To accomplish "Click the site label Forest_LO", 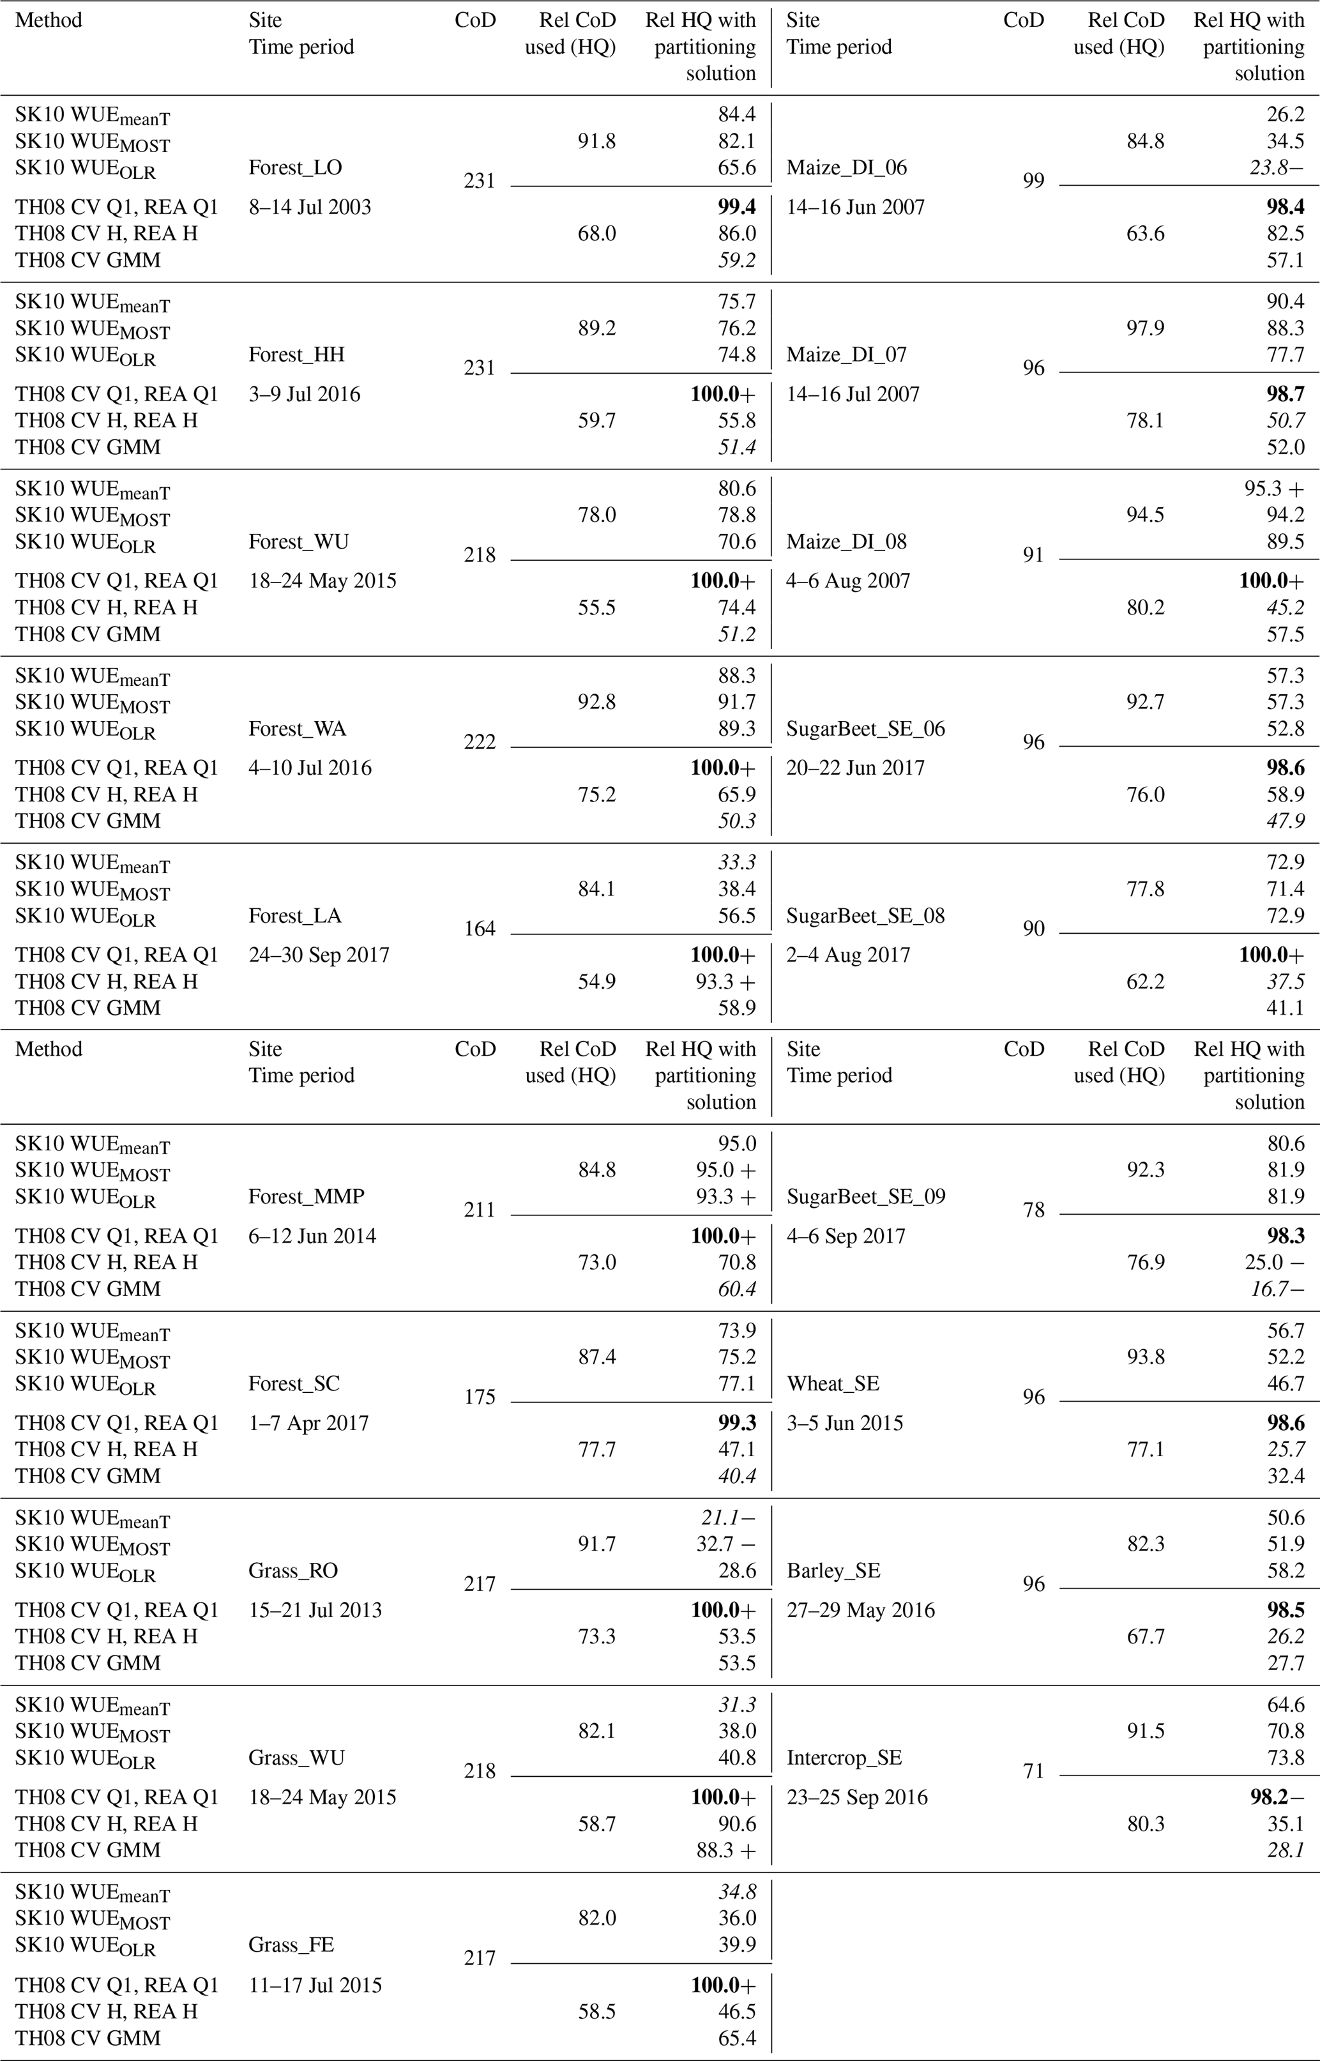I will click(x=295, y=168).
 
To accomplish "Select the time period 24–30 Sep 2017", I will click(x=319, y=955).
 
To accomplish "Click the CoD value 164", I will click(x=479, y=929).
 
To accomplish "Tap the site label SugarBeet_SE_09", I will click(x=866, y=1196).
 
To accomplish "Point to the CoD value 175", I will click(x=479, y=1397).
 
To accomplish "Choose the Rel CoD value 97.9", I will click(x=1145, y=328).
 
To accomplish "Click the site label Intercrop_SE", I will click(x=844, y=1758).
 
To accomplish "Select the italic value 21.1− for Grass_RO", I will click(x=728, y=1517).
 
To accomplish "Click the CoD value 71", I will click(x=1034, y=1770).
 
